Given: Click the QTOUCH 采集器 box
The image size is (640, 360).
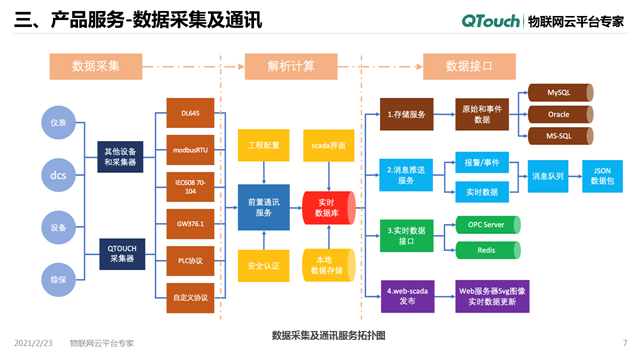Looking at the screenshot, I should tap(124, 250).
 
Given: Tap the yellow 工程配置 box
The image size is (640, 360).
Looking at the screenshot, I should tap(263, 146).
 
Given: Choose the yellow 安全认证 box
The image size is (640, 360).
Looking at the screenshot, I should tap(263, 267).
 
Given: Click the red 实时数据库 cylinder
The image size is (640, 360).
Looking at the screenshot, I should tap(326, 207).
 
